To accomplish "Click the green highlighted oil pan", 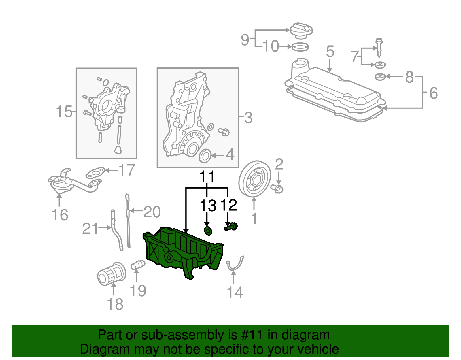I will [182, 251].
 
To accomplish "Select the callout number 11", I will [207, 176].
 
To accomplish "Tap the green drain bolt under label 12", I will [231, 227].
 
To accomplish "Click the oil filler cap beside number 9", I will [301, 30].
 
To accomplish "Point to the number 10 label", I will [271, 46].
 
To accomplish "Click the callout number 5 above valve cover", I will [330, 52].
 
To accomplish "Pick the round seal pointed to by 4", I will [205, 156].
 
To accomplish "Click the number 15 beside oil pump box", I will [64, 112].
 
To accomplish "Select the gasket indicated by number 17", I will [95, 173].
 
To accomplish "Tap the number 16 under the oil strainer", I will [60, 215].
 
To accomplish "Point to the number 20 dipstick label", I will [152, 212].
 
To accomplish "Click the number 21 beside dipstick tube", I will [90, 229].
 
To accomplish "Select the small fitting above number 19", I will [138, 265].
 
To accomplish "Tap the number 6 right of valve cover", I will [433, 93].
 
